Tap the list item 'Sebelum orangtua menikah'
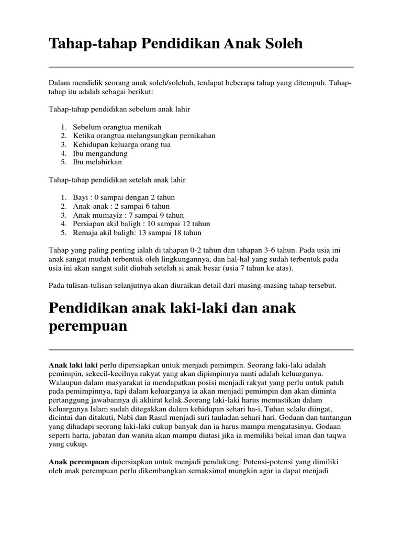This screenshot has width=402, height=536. [x=117, y=127]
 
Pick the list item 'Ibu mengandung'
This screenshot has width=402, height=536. [x=100, y=153]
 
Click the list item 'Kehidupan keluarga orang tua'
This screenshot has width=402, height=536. [x=122, y=144]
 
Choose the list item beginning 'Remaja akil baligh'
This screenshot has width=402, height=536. [x=137, y=233]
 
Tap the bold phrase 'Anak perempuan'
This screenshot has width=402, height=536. [x=79, y=462]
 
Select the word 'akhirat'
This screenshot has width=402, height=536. [x=182, y=399]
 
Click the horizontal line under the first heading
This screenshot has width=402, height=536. [x=201, y=67]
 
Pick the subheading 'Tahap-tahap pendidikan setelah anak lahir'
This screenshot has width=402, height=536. [x=117, y=180]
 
